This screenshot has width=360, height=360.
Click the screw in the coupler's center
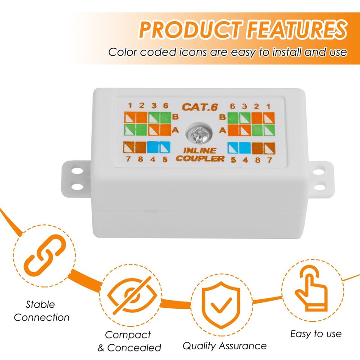[x=198, y=134]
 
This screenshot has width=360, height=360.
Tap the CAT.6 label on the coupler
[x=200, y=107]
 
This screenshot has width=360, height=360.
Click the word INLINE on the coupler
[x=200, y=151]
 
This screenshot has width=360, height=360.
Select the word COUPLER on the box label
[x=200, y=158]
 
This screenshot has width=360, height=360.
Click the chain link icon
[x=45, y=256]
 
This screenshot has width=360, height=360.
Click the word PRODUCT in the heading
[x=191, y=29]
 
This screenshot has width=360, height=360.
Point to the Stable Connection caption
[x=41, y=311]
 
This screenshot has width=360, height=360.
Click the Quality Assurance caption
[x=225, y=346]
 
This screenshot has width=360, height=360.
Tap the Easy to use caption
[x=316, y=333]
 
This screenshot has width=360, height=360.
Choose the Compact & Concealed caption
[x=129, y=341]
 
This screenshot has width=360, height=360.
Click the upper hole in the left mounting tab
[x=77, y=171]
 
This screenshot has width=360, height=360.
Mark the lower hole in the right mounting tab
[x=319, y=187]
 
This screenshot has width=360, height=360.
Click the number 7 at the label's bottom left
[x=128, y=159]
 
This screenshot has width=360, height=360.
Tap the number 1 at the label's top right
[x=268, y=107]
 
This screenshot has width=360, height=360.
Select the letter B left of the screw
[x=175, y=117]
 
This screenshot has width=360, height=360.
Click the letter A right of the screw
[x=222, y=130]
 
